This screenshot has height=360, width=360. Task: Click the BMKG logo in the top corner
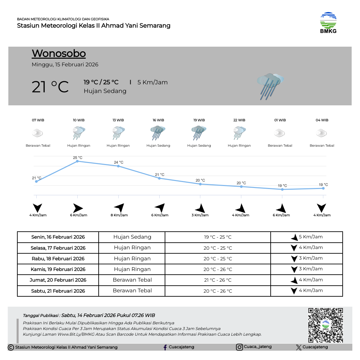[x=328, y=23]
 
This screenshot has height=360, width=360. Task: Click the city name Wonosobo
[x=59, y=53]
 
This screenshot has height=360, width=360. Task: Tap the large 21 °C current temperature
[x=50, y=87]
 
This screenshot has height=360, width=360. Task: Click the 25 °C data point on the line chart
[x=77, y=161]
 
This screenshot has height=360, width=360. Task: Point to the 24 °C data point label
[x=118, y=162]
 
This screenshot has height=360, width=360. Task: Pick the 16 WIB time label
[x=158, y=120]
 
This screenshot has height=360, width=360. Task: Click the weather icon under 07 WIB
[x=38, y=133]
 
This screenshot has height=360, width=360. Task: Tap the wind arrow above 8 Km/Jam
[x=119, y=208]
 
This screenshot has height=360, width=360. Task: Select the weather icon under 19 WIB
[x=199, y=133]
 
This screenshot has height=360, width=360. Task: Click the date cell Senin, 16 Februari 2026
[x=58, y=237]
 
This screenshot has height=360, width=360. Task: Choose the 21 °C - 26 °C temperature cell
[x=218, y=280]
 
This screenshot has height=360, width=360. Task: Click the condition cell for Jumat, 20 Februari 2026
[x=132, y=280]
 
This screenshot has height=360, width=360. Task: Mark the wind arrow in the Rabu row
[x=294, y=259]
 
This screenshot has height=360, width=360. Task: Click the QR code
[x=325, y=325]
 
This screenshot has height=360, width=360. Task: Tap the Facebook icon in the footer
[x=165, y=347]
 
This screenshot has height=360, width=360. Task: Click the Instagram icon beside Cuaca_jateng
[x=239, y=347]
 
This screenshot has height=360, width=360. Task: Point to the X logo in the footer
[x=299, y=347]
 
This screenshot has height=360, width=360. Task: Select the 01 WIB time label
[x=280, y=120]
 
